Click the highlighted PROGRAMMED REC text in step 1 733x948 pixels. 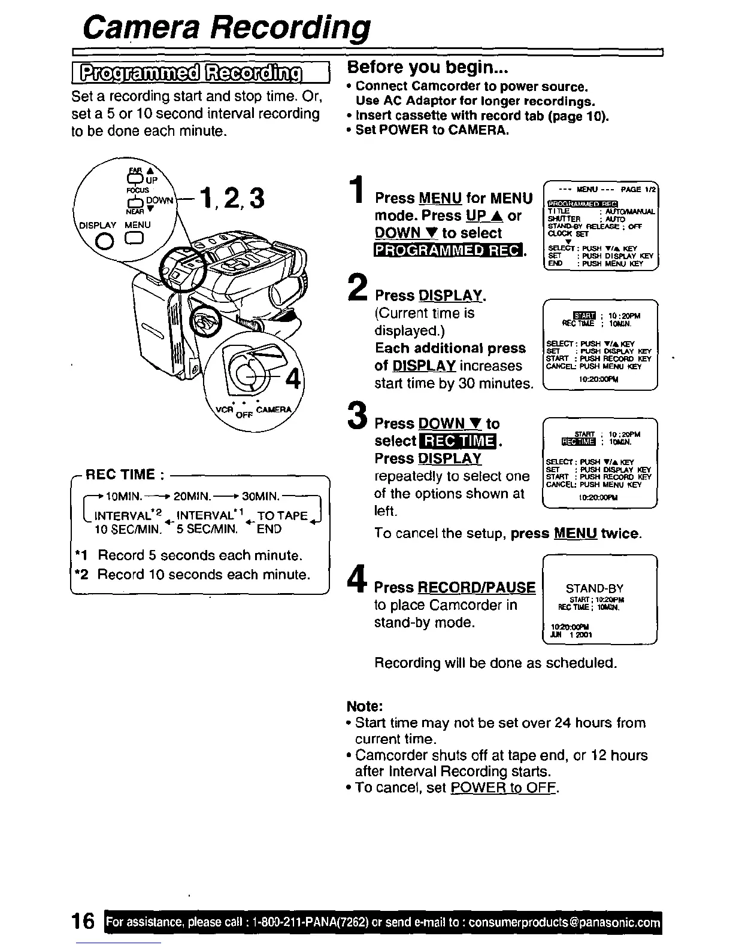click(x=448, y=251)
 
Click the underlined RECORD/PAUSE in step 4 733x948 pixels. click(x=477, y=588)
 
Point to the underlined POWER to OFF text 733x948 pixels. click(x=504, y=788)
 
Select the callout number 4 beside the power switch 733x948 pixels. click(x=293, y=380)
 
